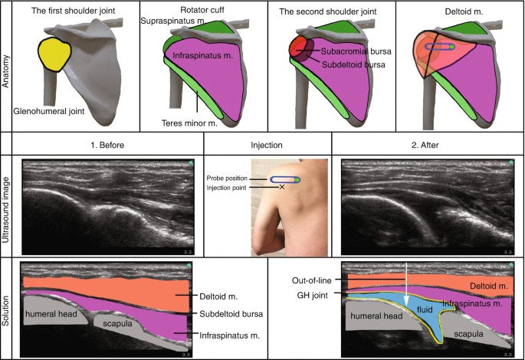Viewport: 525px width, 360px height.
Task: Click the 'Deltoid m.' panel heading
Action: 458,11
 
